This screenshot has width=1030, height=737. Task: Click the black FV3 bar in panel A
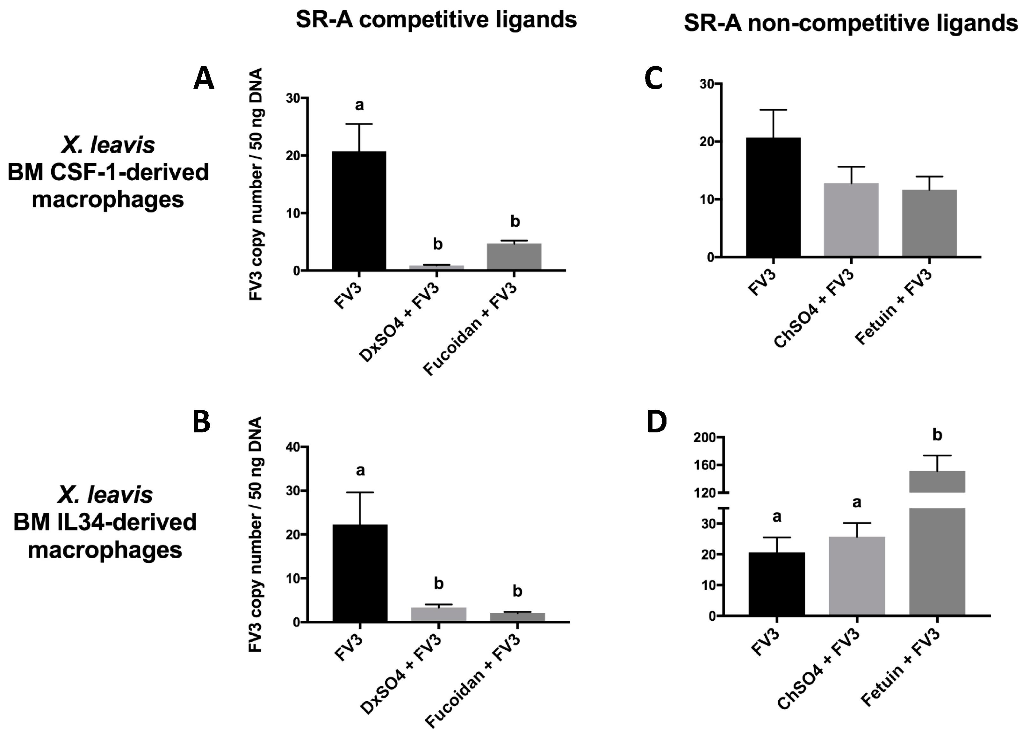point(359,211)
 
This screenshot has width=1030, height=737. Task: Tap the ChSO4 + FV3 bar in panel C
point(851,220)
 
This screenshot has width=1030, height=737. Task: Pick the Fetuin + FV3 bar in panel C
point(929,223)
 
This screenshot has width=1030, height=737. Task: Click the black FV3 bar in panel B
point(360,573)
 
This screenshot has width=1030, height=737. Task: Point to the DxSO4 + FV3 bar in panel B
point(438,614)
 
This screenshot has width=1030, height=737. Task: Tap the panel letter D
point(656,422)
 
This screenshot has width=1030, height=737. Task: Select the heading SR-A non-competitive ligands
point(851,23)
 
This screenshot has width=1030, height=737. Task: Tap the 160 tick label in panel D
point(705,465)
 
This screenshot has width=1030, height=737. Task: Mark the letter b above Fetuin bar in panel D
point(937,435)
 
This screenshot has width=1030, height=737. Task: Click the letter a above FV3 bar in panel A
point(359,105)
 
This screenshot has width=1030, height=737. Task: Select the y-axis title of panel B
point(256,535)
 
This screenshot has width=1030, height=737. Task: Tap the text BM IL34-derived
point(105,522)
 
